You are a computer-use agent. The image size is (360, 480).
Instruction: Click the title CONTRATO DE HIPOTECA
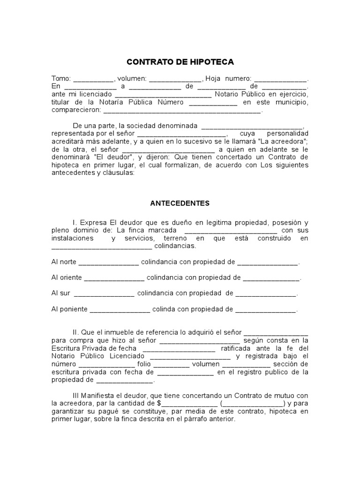point(180,62)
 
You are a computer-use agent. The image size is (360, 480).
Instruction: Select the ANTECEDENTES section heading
point(180,203)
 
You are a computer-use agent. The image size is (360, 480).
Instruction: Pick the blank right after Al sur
point(104,293)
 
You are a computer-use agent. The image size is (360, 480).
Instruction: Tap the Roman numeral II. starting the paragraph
point(76,332)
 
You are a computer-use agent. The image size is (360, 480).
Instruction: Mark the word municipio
point(290,103)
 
